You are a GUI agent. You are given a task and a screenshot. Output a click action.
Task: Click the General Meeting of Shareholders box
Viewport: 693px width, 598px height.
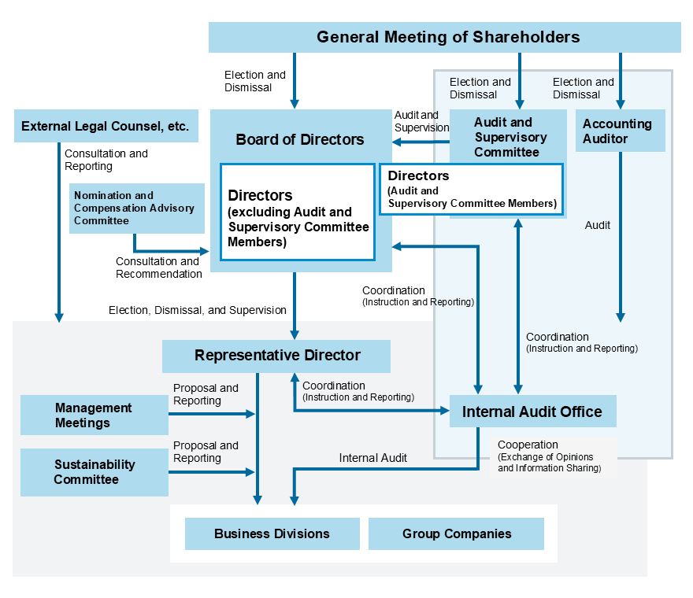point(444,37)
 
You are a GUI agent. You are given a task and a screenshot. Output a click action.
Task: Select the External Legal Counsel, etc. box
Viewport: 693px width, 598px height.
point(106,126)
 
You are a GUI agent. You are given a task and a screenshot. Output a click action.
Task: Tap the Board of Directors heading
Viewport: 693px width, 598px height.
point(300,139)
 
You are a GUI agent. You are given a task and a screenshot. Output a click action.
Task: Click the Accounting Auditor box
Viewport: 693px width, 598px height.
point(620,131)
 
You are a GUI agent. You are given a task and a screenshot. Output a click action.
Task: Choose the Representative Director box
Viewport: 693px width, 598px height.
point(276,356)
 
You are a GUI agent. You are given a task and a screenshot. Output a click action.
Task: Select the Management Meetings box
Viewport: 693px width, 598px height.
point(94,415)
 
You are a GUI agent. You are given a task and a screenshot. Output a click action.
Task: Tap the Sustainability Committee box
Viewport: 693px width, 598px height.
point(94,472)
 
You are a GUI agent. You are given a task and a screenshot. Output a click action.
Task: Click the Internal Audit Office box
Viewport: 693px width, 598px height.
point(532,412)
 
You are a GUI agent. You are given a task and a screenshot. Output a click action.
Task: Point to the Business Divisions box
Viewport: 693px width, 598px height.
point(272,533)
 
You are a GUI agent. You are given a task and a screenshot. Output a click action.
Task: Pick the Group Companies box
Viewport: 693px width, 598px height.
point(456,533)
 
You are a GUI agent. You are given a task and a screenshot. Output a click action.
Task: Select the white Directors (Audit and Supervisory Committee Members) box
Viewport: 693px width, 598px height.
point(471,189)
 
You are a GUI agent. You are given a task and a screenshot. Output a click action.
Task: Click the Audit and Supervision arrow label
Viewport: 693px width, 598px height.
point(421,121)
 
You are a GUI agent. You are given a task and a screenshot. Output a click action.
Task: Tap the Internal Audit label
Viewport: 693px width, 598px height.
point(372,458)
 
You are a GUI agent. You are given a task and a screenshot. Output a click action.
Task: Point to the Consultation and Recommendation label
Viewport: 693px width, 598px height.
point(158,268)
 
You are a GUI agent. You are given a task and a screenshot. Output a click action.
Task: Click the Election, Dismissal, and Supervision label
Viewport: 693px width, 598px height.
point(197,310)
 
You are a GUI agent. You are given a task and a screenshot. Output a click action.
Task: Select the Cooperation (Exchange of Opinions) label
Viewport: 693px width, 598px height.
point(548,456)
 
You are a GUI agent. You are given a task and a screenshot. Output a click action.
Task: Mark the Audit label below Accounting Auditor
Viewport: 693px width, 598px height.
point(597,225)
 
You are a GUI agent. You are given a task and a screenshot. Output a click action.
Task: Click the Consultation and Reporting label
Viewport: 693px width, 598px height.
point(106,160)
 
